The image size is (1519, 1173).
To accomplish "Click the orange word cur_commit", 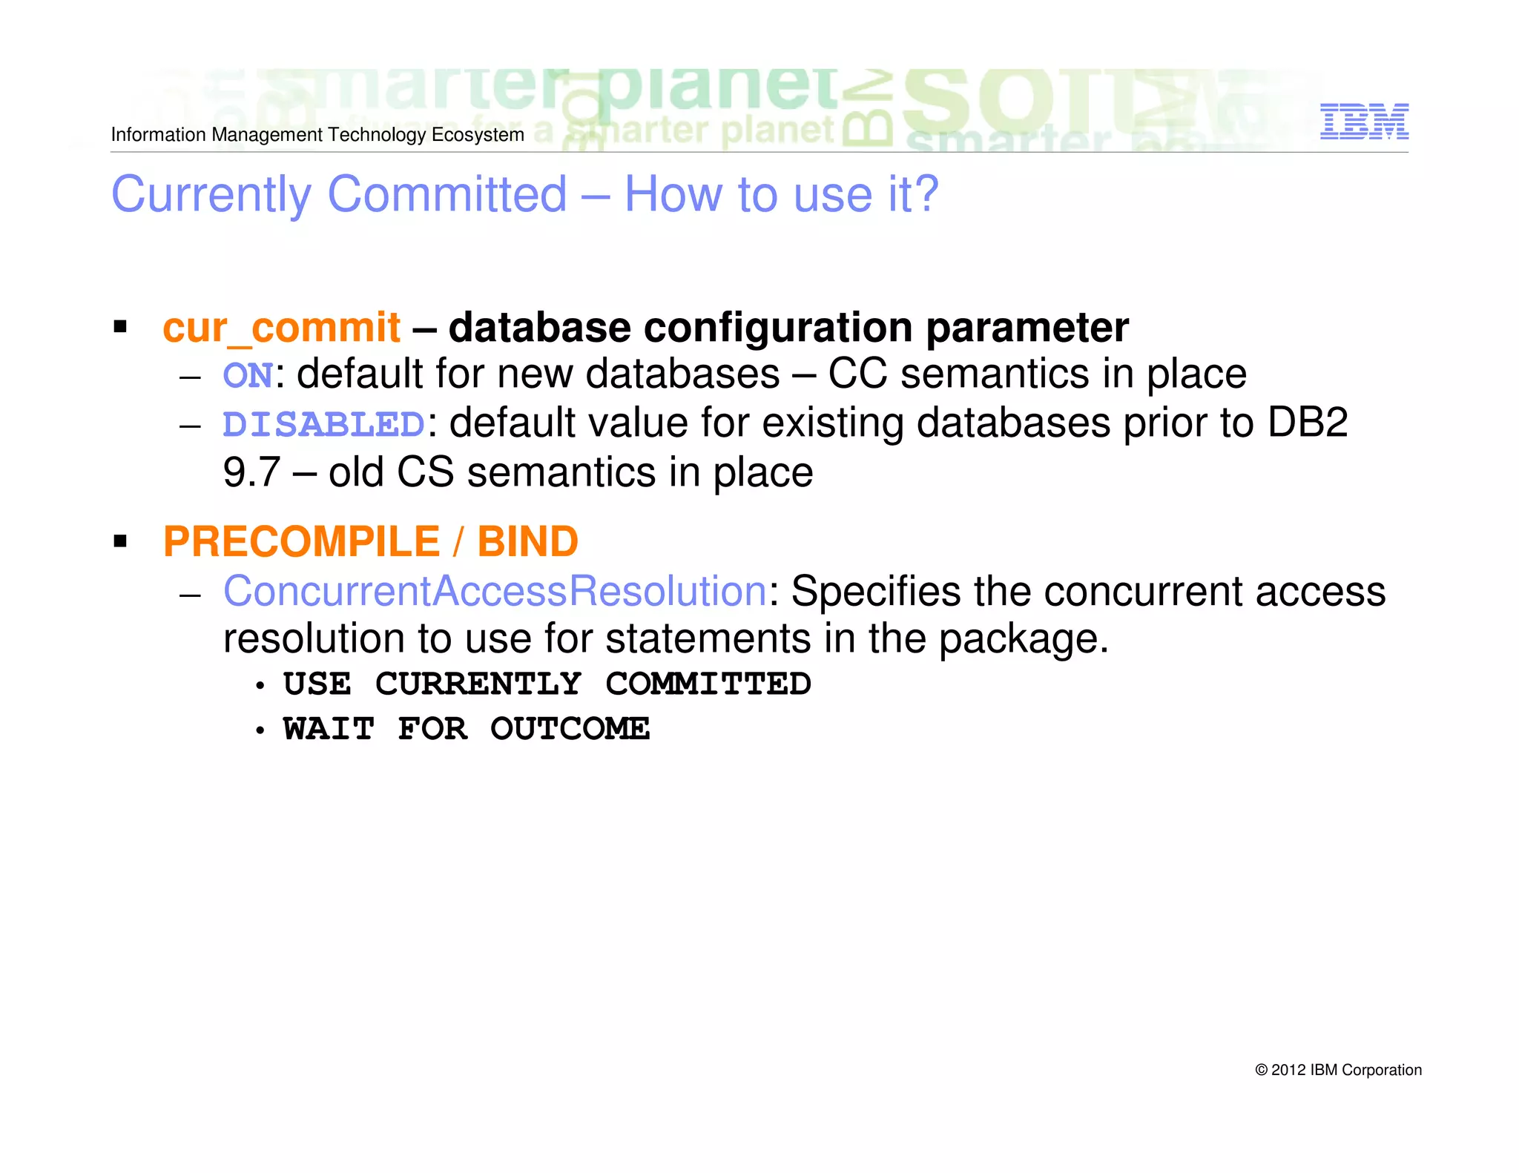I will pyautogui.click(x=281, y=328).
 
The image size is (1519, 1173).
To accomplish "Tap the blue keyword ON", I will pyautogui.click(x=248, y=375).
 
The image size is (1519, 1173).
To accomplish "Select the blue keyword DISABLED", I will pyautogui.click(x=324, y=425).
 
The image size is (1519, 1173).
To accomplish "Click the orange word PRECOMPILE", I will pyautogui.click(x=301, y=541).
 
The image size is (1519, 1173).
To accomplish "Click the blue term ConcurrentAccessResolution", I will pyautogui.click(x=495, y=592).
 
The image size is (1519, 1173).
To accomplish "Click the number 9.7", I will pyautogui.click(x=251, y=472).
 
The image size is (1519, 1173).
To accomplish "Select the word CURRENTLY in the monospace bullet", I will pyautogui.click(x=478, y=684).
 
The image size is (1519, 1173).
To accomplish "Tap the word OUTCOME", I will pyautogui.click(x=570, y=729).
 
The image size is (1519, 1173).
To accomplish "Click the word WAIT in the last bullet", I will pyautogui.click(x=329, y=729).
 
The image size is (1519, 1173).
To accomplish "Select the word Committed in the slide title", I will pyautogui.click(x=447, y=194).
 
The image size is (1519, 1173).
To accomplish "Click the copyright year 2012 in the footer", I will pyautogui.click(x=1288, y=1070).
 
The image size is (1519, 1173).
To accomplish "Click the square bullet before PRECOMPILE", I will pyautogui.click(x=120, y=541).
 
